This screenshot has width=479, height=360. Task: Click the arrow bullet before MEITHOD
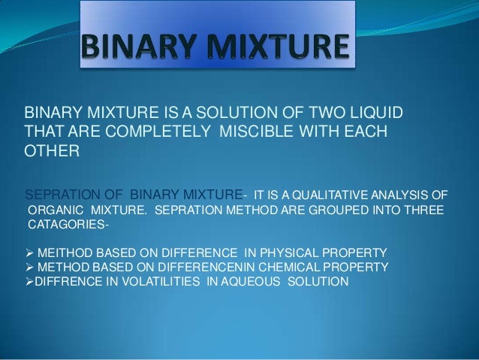click(x=31, y=251)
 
